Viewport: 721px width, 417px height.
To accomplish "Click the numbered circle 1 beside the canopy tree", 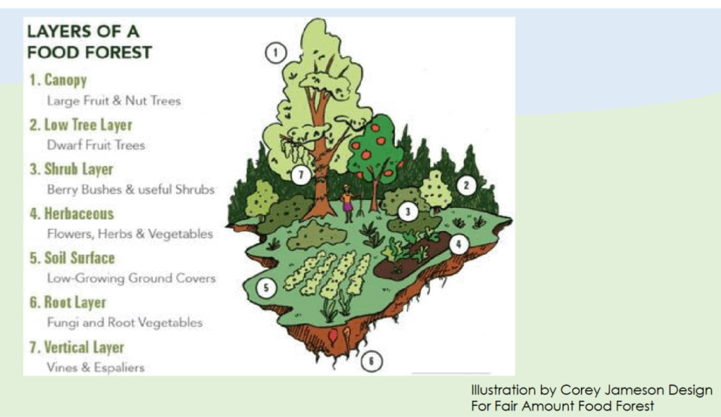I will tap(275, 51).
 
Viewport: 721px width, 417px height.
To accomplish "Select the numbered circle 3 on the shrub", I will tap(407, 211).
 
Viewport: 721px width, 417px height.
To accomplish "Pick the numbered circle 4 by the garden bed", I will tap(458, 244).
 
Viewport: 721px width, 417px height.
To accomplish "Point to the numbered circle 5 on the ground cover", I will tap(265, 287).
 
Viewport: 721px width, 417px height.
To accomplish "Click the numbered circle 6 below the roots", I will tap(372, 362).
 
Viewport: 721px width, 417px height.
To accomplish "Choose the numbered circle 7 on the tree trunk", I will tap(301, 173).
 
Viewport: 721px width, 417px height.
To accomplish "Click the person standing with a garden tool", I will tap(347, 204).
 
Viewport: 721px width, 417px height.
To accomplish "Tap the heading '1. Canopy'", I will tap(58, 80).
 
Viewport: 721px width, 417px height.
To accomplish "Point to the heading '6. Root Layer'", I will tap(68, 303).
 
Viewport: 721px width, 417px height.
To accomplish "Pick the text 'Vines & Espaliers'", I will tap(96, 367).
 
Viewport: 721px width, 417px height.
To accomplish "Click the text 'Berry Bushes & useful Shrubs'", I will tap(130, 189).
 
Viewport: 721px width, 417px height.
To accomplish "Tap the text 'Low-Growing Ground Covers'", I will tap(131, 278).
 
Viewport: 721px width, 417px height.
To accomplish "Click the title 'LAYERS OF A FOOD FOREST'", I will tap(89, 42).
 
